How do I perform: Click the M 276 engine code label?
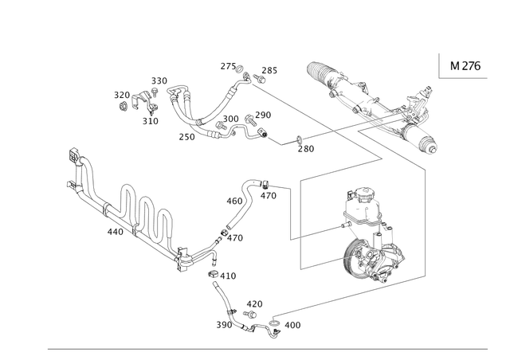coord(465,66)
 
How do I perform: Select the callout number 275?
coord(228,66)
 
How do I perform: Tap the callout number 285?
coord(269,70)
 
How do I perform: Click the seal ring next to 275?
coord(240,68)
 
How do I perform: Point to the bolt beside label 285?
coord(259,78)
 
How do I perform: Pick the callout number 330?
coord(159,80)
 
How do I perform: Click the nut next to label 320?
coord(123,106)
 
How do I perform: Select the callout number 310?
coord(151,121)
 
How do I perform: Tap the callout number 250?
coord(186,136)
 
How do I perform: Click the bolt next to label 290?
coord(249,119)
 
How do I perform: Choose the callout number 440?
coord(116,232)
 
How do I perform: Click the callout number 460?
coord(234,201)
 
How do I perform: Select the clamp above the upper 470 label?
coord(265,184)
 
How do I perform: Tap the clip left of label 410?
coord(213,274)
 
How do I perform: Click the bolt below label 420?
coord(250,314)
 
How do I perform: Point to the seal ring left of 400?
coord(274,323)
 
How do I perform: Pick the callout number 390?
coord(224,324)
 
